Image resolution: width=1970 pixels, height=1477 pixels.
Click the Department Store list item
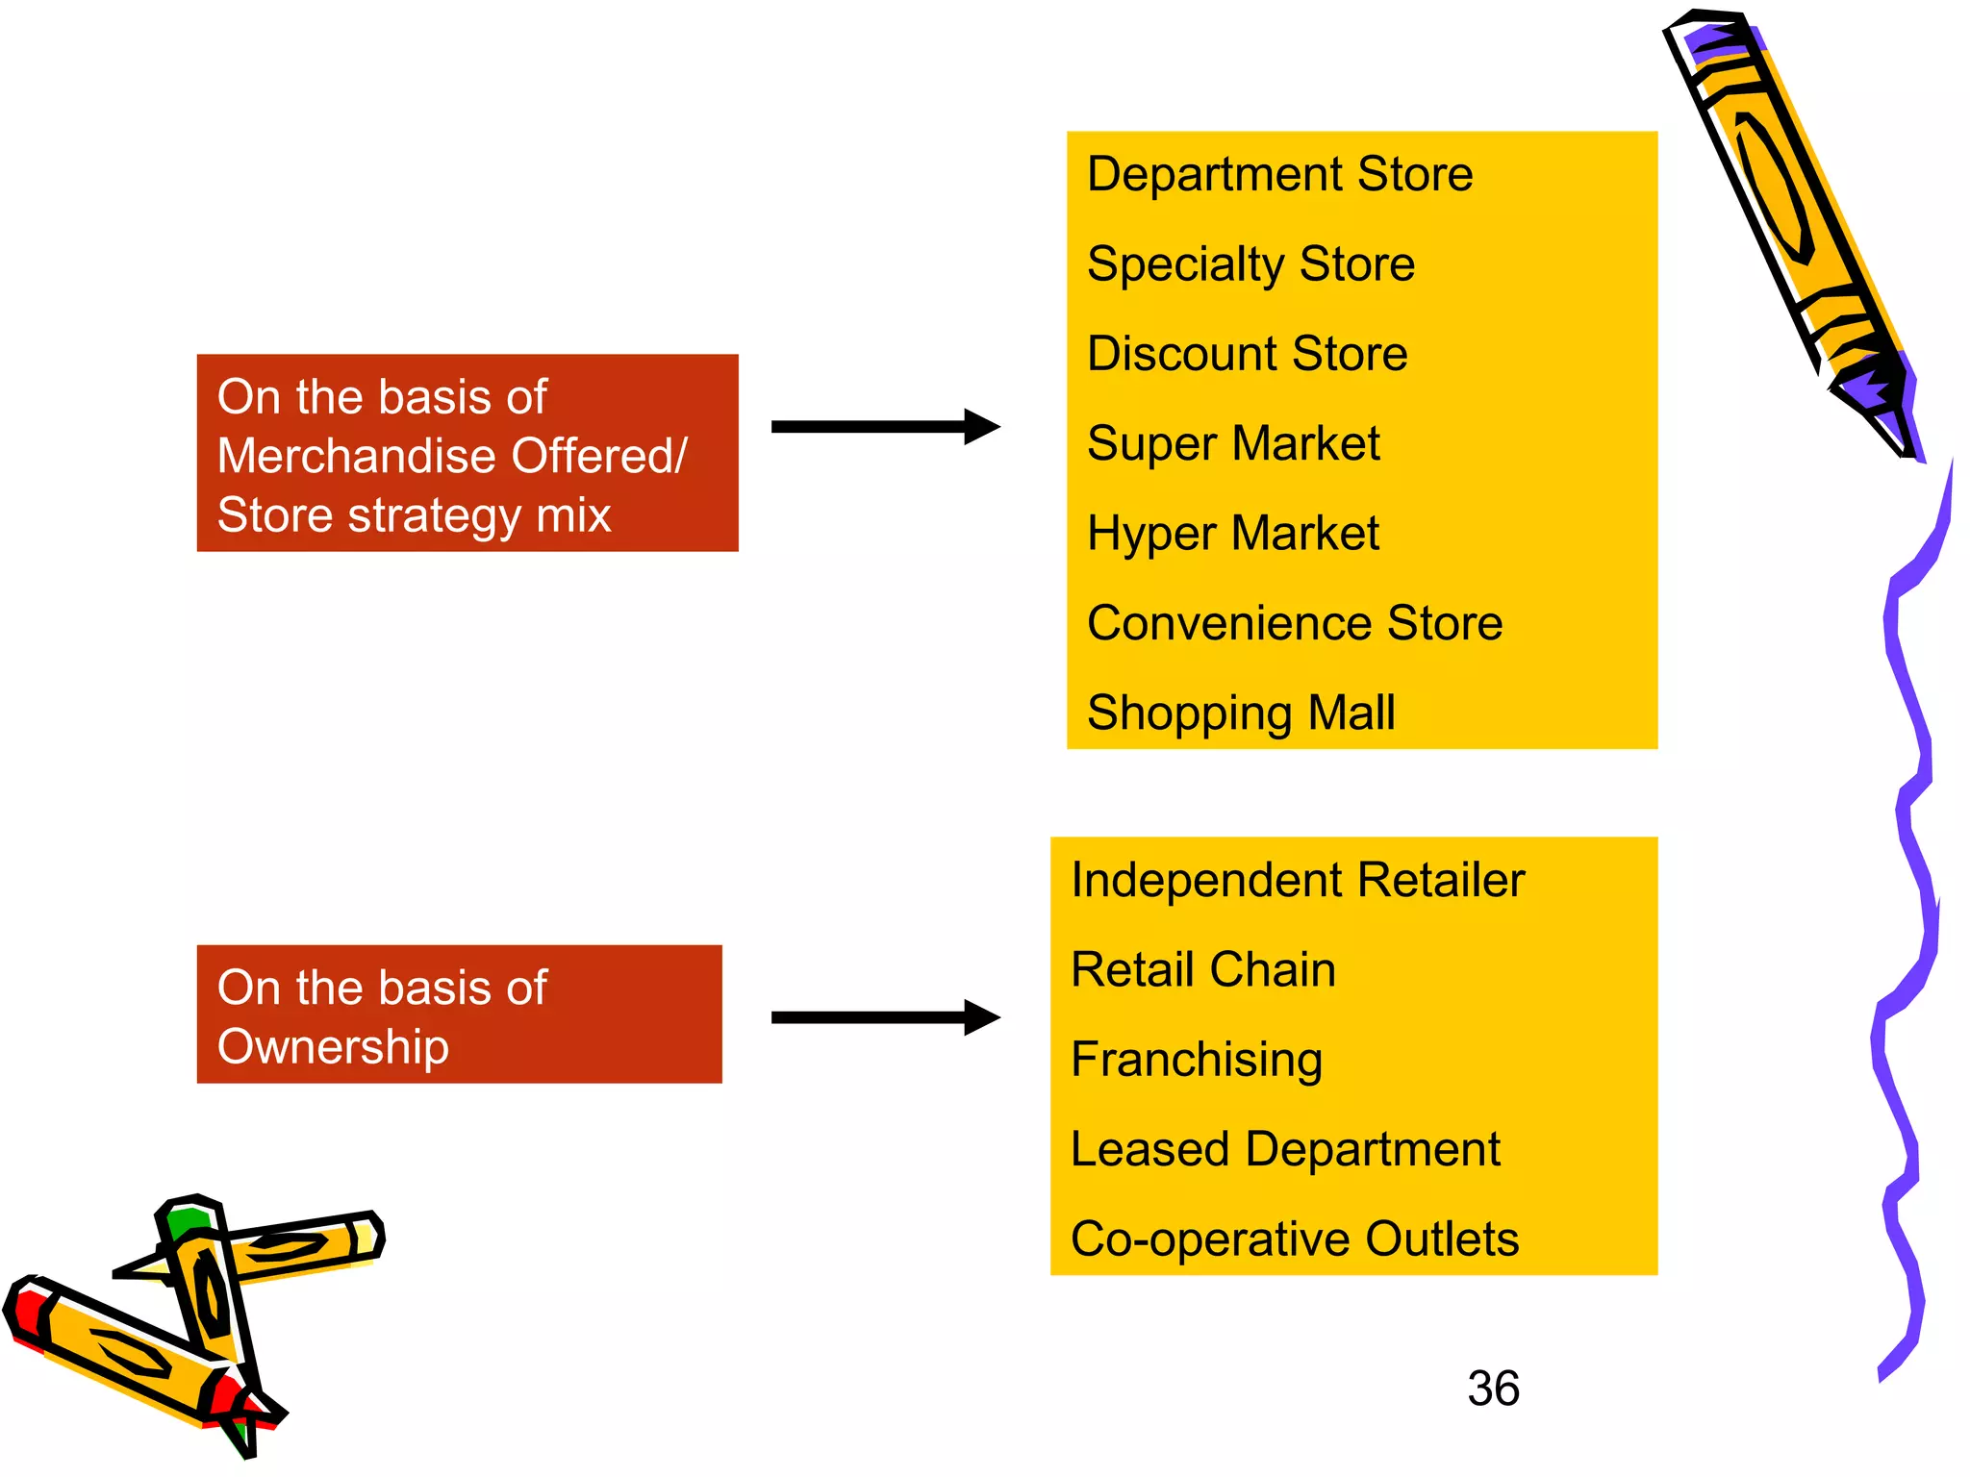[1279, 175]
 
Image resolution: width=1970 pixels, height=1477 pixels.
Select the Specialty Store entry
[1250, 264]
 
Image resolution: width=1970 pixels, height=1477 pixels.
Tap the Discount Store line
[1247, 354]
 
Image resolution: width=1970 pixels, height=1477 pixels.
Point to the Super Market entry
[1233, 444]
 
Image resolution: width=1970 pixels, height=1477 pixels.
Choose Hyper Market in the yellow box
[1233, 534]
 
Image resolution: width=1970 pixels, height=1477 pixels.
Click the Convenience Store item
[1294, 623]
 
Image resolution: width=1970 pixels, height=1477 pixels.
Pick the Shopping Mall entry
[1241, 713]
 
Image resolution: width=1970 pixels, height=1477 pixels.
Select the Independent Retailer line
[1298, 881]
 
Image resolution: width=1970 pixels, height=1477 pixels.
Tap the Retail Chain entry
[1203, 970]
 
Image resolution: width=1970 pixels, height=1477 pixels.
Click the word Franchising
[1197, 1060]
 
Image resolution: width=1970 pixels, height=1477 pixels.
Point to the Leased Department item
[1285, 1150]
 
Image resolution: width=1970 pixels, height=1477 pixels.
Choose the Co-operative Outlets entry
[1295, 1239]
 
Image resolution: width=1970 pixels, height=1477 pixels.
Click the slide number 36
[1493, 1389]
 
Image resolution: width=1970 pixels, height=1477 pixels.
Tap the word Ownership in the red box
[333, 1047]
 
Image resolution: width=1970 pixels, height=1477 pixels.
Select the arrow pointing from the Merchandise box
[885, 427]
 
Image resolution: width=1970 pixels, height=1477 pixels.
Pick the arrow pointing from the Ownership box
[885, 1017]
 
